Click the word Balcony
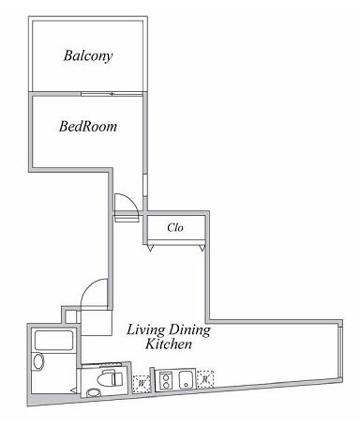point(88,55)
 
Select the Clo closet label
point(174,227)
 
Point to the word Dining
point(190,330)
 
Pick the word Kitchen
point(169,344)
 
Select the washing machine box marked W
point(141,383)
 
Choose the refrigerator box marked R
point(203,380)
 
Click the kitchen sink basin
point(185,380)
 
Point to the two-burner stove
point(166,381)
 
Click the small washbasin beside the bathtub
point(38,361)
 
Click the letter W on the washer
point(141,383)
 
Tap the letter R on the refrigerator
point(203,380)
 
